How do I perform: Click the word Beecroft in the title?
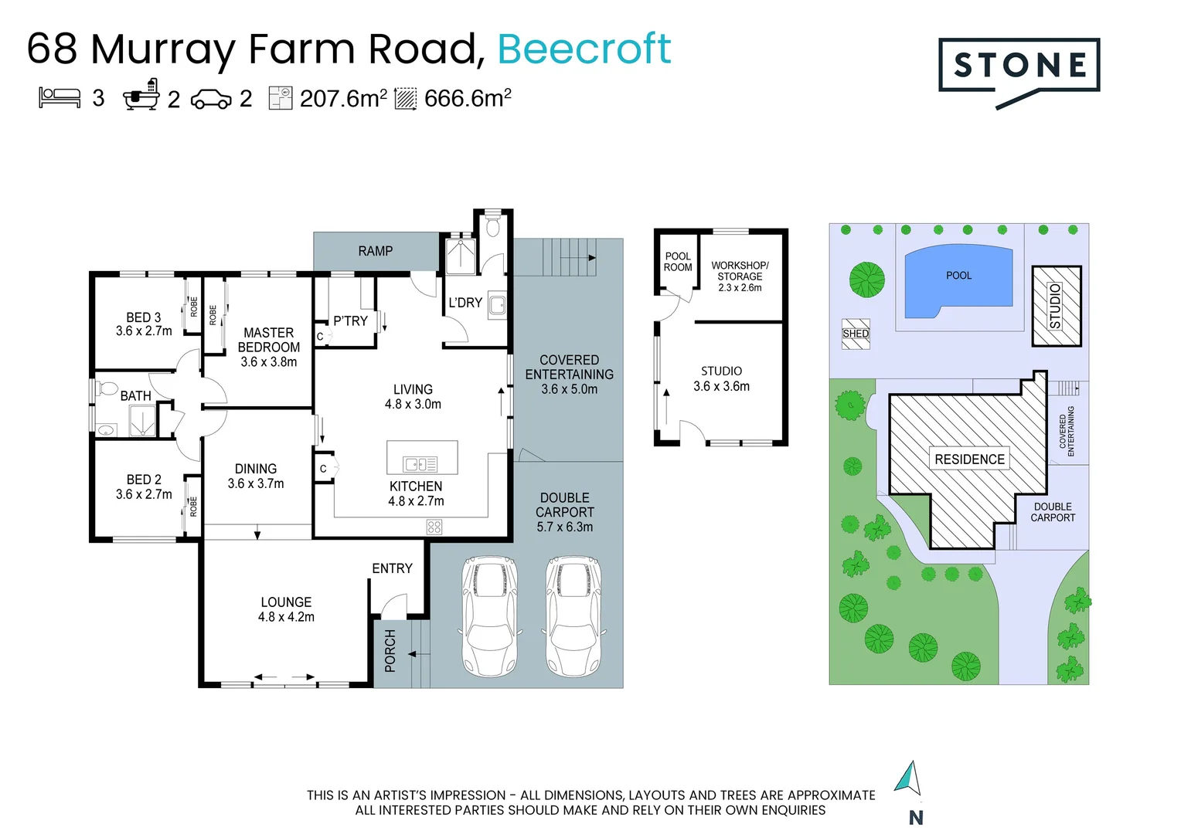coord(584,49)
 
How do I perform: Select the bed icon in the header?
coord(60,98)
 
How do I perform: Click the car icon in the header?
coord(211,99)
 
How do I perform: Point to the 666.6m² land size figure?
coord(468,98)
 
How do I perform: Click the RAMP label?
coord(376,251)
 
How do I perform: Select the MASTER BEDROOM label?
coord(269,340)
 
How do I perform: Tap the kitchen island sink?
coord(420,463)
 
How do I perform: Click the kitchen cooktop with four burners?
coord(434,527)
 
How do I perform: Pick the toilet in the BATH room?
coord(106,388)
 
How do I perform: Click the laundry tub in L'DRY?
coord(497,304)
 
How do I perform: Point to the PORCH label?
coord(390,651)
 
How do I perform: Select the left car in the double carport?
coord(490,616)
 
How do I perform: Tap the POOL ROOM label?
coord(678,262)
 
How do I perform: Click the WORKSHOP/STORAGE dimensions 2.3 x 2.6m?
coord(740,288)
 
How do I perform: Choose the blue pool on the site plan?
coord(958,281)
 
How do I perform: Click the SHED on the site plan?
coord(856,334)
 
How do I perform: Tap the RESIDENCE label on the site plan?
coord(969,459)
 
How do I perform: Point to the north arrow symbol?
coord(908,778)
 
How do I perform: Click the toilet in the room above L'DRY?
coord(493,227)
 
